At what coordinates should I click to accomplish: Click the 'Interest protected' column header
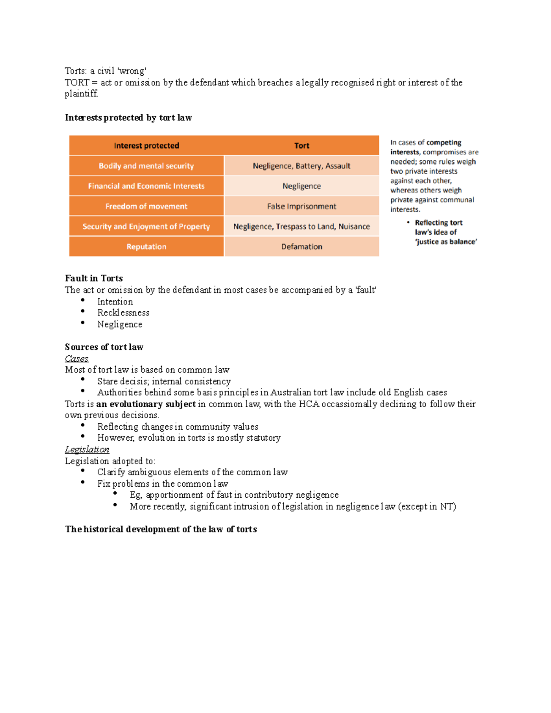click(146, 146)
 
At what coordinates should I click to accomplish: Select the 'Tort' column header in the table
click(302, 146)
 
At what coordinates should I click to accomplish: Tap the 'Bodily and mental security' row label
click(146, 166)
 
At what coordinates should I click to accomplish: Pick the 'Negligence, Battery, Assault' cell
click(302, 166)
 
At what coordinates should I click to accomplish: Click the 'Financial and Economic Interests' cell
click(146, 186)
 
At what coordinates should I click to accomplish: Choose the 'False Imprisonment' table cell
click(302, 206)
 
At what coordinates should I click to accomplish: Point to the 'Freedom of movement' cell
click(146, 206)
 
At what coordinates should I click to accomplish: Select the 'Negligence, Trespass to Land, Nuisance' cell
click(302, 226)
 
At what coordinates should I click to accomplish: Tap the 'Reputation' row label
click(146, 247)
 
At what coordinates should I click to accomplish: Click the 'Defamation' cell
click(302, 247)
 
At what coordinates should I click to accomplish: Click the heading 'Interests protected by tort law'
click(128, 118)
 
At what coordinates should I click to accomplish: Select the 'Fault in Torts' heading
click(94, 278)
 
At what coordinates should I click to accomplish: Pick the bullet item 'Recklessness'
click(123, 313)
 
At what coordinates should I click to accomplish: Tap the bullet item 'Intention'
click(115, 302)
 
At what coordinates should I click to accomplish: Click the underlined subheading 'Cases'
click(76, 359)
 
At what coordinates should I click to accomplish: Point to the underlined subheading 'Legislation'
click(87, 449)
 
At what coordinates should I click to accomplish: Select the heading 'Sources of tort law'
click(104, 347)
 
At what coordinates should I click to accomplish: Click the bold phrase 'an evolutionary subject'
click(146, 404)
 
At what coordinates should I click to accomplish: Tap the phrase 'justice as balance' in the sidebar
click(446, 242)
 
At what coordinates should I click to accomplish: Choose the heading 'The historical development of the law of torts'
click(161, 529)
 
